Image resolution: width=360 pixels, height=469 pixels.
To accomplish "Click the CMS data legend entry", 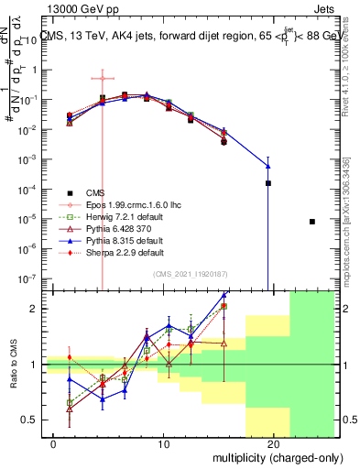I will pos(94,192).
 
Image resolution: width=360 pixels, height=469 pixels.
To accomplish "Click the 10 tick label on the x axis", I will pos(163,444).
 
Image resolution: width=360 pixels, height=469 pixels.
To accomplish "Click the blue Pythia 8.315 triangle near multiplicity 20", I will pos(268,166).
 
